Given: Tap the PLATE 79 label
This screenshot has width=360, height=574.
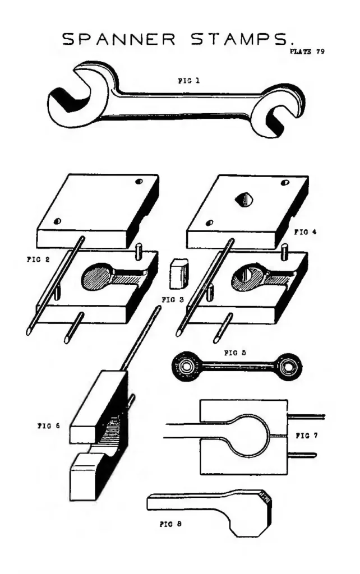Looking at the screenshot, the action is [307, 51].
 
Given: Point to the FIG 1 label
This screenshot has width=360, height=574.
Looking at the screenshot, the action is [189, 81].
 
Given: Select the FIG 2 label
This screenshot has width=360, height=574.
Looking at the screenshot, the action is [38, 260].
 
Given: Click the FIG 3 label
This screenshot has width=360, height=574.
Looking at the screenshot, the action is [173, 300].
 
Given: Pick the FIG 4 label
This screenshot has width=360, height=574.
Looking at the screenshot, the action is [306, 232].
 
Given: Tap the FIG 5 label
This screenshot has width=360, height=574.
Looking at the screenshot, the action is [235, 353].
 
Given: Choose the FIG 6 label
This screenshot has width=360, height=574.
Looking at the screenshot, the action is [48, 426].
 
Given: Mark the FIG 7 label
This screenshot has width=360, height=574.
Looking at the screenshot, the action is [307, 436].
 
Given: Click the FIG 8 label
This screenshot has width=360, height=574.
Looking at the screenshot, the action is [170, 524].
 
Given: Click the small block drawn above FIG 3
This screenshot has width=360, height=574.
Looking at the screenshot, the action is [178, 273].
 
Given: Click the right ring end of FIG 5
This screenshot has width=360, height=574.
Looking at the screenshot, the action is [289, 366].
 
